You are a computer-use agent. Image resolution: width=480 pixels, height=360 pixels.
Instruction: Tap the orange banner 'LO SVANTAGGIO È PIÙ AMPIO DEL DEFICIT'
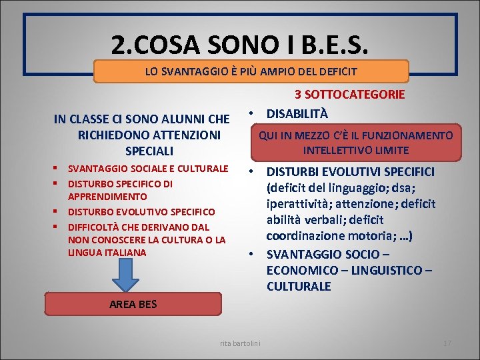click(x=251, y=71)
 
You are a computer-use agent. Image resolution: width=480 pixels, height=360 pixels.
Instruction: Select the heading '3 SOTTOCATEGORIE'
click(x=349, y=95)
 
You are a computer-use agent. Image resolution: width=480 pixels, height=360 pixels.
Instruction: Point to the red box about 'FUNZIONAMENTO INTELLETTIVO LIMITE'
click(x=355, y=142)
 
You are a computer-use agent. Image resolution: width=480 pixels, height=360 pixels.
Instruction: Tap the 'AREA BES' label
click(x=133, y=305)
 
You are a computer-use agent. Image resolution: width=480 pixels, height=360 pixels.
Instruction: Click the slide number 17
click(x=447, y=343)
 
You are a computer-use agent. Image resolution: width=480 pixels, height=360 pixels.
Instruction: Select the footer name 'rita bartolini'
click(x=241, y=343)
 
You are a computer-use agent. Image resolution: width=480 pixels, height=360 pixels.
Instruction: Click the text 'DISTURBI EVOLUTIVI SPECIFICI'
click(x=350, y=172)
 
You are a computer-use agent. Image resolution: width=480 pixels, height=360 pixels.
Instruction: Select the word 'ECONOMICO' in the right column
click(x=298, y=270)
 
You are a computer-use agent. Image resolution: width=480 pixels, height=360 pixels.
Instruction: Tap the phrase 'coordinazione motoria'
click(x=329, y=236)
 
